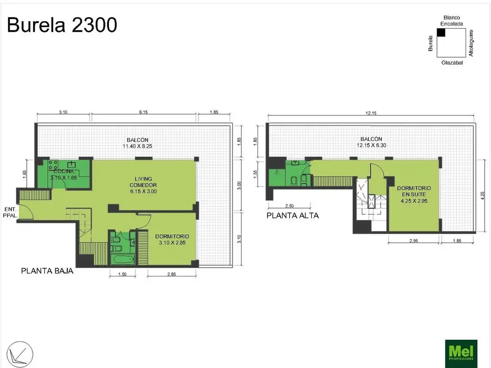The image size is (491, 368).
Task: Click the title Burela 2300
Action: tap(62, 25)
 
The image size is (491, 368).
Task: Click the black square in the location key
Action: tap(441, 33)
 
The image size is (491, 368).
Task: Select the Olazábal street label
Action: tap(452, 63)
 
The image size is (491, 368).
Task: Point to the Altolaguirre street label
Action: tap(471, 43)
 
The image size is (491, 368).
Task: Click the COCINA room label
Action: tap(64, 171)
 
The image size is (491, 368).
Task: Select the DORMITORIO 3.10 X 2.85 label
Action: tap(172, 240)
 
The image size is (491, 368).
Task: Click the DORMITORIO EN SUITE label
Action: tap(414, 195)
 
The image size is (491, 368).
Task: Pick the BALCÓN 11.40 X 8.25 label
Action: tap(138, 143)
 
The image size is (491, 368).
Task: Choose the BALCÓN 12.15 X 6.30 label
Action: tap(372, 142)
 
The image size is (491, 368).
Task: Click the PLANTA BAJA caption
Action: tap(47, 271)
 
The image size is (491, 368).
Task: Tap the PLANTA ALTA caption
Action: tap(292, 216)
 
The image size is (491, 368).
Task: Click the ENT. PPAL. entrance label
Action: tap(11, 212)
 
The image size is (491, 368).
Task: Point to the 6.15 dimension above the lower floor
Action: tap(143, 112)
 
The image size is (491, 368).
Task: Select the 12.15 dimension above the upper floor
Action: tap(371, 113)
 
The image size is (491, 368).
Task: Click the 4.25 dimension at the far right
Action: tap(483, 195)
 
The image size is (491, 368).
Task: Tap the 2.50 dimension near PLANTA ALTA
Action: tap(289, 206)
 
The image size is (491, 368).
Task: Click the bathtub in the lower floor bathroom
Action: tap(123, 259)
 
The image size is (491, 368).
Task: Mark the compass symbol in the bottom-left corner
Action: tap(20, 355)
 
